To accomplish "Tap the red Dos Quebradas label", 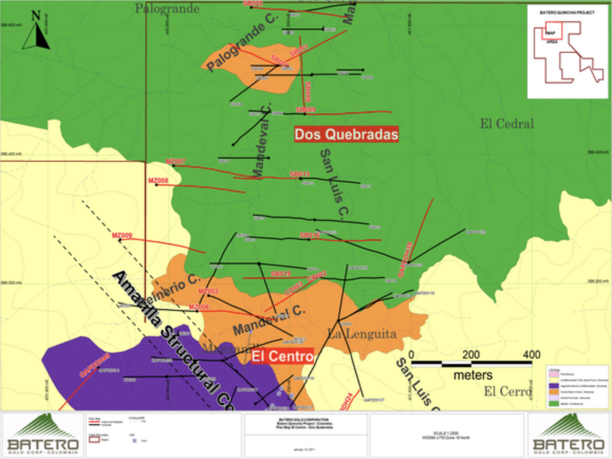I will [x=346, y=135].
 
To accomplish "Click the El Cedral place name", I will [x=507, y=124].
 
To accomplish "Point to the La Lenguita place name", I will [x=361, y=334].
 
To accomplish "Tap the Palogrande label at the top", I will [x=167, y=8].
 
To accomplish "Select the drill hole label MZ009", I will [x=122, y=235].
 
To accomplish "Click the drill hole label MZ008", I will [x=158, y=180].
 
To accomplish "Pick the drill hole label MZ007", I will [x=176, y=161].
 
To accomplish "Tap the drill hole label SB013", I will [x=300, y=173].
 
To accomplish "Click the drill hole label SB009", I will [x=305, y=109].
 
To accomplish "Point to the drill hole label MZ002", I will [x=208, y=291].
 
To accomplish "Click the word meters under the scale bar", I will [x=472, y=375].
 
